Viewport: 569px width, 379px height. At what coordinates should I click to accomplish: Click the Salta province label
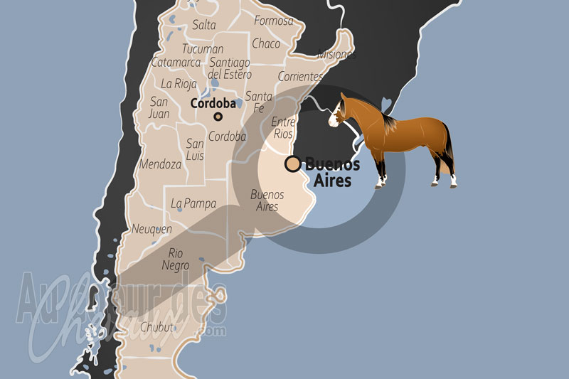[204, 25]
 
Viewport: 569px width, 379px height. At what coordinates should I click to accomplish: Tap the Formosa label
[273, 21]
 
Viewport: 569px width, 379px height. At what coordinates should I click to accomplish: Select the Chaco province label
[266, 44]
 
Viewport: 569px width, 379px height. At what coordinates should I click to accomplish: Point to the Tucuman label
[203, 50]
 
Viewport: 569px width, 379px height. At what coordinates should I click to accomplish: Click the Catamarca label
[176, 63]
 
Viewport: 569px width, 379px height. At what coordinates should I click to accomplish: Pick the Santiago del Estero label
[229, 68]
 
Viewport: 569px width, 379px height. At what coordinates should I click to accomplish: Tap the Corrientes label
[300, 76]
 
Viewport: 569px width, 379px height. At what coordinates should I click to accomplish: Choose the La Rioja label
[178, 83]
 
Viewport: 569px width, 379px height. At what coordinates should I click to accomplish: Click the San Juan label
[159, 107]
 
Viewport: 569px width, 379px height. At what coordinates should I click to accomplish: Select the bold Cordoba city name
[212, 103]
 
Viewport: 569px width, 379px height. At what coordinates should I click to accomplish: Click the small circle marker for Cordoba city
[218, 117]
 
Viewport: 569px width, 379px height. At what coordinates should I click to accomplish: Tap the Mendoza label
[160, 164]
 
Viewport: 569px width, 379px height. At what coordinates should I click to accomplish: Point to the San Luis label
[195, 149]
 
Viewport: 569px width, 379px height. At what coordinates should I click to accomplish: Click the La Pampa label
[193, 203]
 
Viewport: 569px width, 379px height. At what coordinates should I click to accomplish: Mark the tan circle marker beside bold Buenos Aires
[292, 164]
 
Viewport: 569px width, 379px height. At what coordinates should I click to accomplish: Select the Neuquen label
[152, 229]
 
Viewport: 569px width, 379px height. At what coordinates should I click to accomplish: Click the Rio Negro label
[176, 260]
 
